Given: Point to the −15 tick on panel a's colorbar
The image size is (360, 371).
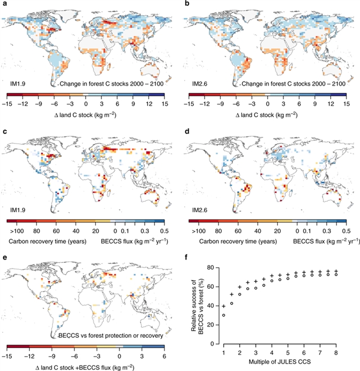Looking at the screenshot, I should (x=10, y=104).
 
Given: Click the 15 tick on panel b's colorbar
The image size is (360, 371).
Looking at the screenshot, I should (x=348, y=104).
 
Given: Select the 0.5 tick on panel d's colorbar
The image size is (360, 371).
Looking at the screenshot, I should (x=347, y=231).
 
